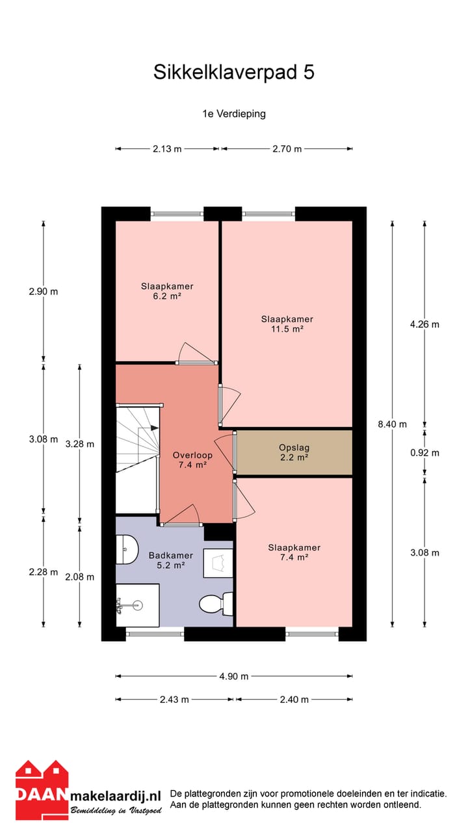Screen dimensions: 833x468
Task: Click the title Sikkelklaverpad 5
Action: coord(234,72)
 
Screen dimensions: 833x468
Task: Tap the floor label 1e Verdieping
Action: coord(234,113)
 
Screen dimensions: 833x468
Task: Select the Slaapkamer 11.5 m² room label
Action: coord(287,324)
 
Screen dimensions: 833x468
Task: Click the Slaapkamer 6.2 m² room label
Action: coord(167,291)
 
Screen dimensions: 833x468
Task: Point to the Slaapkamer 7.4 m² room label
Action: coord(294,553)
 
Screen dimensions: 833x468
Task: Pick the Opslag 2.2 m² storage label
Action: coord(294,452)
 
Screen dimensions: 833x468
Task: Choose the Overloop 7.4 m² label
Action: coord(189,460)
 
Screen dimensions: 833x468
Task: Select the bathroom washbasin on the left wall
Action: coord(126,550)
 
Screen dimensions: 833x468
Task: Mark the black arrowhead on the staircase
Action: coord(154,428)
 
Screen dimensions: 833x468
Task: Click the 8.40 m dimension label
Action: coord(392,424)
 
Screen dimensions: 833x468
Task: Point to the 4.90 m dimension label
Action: coord(234,676)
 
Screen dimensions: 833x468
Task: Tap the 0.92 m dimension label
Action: coord(424,452)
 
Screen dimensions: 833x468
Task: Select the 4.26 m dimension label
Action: coord(424,324)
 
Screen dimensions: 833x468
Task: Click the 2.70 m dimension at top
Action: coord(287,149)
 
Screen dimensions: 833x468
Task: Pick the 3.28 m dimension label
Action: coord(80,444)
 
